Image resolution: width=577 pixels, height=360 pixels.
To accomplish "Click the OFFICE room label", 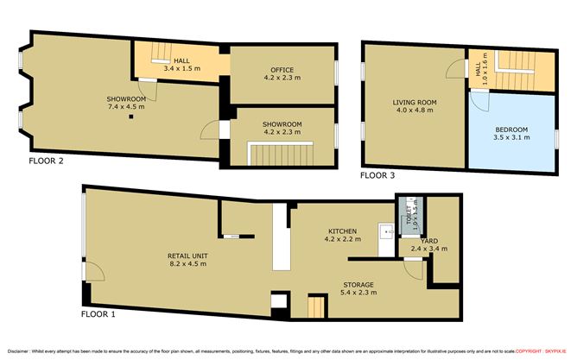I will point(282,70).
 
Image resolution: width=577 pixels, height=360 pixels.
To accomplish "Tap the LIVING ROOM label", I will point(416,102).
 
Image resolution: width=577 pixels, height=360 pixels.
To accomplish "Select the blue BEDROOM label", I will point(510,129).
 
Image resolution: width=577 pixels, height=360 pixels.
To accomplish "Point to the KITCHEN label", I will point(342,231).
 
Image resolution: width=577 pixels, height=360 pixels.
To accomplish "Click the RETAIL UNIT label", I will point(187,256).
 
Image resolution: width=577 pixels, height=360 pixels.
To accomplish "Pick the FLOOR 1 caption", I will point(98,313).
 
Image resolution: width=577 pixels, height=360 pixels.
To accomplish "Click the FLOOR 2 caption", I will point(45,161).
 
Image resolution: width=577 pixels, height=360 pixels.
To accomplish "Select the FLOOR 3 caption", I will point(377,175).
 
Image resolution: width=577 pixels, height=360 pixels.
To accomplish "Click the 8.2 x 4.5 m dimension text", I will point(187,265).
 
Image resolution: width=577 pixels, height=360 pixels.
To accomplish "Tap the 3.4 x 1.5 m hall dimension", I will point(181,66).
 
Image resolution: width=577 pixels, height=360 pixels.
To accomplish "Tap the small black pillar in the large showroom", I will point(132,117).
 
